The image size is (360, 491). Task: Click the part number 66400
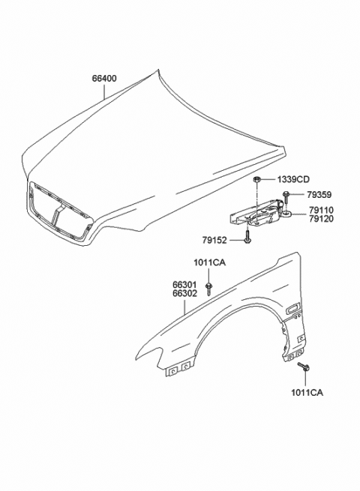coord(104,78)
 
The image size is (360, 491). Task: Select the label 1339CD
coord(293,180)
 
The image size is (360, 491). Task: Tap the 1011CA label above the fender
coord(209,262)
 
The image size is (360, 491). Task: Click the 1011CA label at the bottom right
coord(307,392)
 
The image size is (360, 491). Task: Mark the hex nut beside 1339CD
coord(257,180)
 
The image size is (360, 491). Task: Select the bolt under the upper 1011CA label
coord(209,285)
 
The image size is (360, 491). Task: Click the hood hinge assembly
coord(255,217)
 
